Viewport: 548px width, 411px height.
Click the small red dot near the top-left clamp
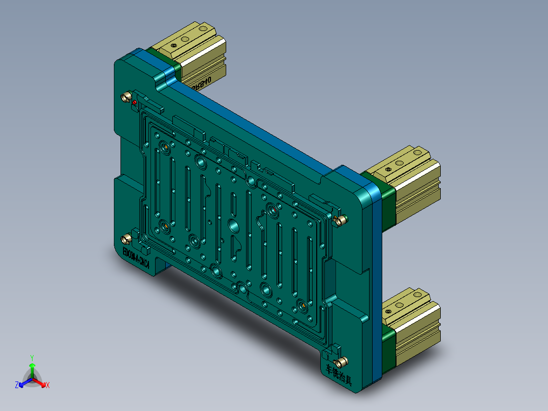(x=134, y=103)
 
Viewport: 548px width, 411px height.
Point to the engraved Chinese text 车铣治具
(x=339, y=373)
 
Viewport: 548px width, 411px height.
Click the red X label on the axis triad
(x=47, y=386)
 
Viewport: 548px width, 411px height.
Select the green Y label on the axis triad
(x=32, y=358)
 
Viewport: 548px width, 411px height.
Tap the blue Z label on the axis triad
(x=17, y=385)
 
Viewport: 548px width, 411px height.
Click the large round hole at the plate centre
(x=234, y=224)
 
